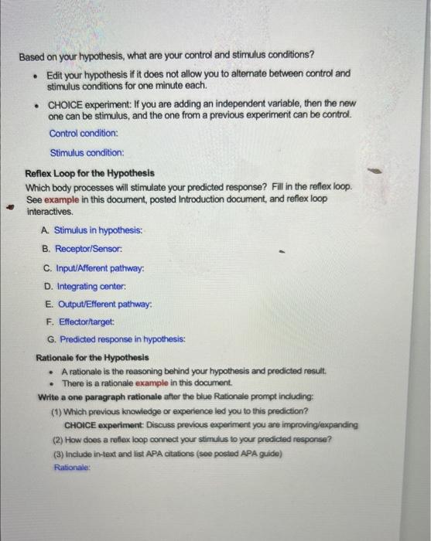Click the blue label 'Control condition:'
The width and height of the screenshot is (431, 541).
[x=83, y=133]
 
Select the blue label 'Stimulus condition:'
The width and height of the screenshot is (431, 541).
[x=86, y=153]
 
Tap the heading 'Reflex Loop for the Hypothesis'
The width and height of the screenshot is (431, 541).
[x=90, y=174]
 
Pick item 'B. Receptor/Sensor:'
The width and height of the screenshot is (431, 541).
[x=83, y=249]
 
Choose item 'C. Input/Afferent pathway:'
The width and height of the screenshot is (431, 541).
[x=94, y=268]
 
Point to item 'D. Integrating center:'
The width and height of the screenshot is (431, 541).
[x=87, y=287]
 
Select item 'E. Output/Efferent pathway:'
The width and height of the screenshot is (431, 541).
[x=97, y=305]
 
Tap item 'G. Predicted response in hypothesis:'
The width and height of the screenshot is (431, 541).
[x=115, y=339]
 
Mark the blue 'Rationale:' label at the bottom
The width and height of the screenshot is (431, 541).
[x=74, y=467]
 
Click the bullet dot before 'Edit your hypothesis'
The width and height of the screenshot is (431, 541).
[x=34, y=75]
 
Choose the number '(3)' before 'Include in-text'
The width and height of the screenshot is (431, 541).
[x=58, y=454]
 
